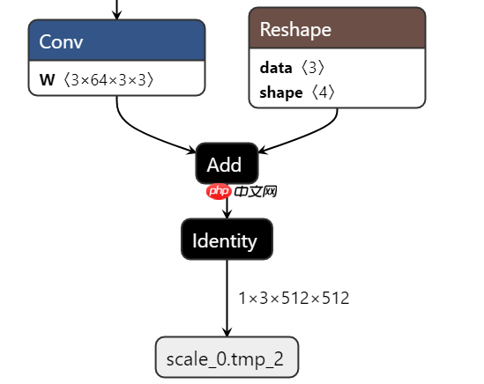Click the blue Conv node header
[116, 41]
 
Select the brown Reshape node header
[337, 29]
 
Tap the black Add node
[227, 164]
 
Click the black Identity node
[227, 240]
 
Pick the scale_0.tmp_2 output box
[227, 358]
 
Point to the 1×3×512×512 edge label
[294, 298]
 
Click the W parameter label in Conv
[47, 80]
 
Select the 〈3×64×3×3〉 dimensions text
[108, 80]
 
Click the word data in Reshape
[276, 67]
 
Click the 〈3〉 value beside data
[318, 67]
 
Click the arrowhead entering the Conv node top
[116, 15]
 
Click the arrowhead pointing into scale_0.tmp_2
[227, 331]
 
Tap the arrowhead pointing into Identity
[227, 214]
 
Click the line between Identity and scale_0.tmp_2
[227, 295]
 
